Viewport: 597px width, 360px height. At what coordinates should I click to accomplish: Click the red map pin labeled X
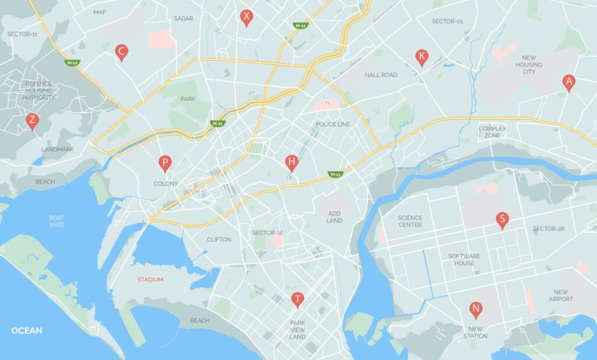pos(247,17)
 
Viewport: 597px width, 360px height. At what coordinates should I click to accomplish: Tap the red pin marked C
pos(121,52)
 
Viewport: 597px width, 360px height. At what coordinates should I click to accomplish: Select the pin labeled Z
pos(32,121)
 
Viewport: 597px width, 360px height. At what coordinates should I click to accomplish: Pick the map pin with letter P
pos(165,163)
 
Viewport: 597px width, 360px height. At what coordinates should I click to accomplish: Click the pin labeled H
pos(292,162)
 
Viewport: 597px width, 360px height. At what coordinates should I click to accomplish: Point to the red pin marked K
pos(422,57)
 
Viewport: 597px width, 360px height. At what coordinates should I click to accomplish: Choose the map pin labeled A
pos(568,82)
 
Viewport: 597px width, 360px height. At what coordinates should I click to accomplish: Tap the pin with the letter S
pos(501,219)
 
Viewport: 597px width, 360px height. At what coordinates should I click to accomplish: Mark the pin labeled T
pos(297,299)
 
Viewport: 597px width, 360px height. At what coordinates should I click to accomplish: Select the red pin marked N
pos(476,309)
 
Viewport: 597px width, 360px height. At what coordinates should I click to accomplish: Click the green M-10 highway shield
pos(72,62)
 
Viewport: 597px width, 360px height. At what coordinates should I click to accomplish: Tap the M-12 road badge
pos(300,26)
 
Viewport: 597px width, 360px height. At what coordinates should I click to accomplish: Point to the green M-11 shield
pos(217,124)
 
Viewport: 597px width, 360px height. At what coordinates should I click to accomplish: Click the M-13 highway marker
pos(335,174)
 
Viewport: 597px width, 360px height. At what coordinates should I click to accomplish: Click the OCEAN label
pos(27,331)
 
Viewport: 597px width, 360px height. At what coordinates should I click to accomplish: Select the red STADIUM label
pos(150,279)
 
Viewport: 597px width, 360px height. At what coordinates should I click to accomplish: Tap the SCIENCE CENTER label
pos(410,221)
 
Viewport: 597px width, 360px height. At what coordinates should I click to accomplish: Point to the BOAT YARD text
pos(57,221)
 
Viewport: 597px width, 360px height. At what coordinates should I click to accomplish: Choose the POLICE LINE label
pos(333,124)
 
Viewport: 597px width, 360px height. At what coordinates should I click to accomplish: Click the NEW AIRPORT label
pos(561,296)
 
